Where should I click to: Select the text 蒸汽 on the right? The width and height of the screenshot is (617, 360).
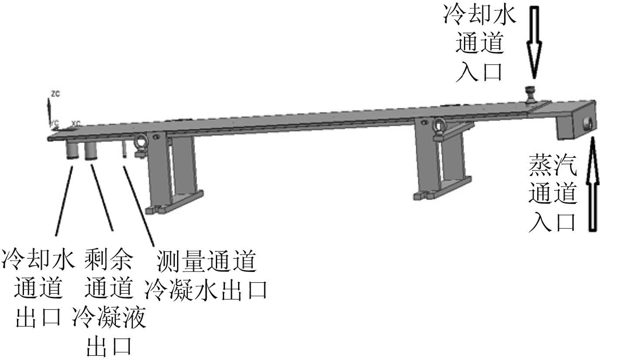click(552, 164)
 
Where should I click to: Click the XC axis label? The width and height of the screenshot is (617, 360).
click(76, 123)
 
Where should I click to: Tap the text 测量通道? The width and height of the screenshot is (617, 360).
click(206, 262)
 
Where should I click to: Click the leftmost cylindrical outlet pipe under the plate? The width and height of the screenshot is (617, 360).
click(72, 150)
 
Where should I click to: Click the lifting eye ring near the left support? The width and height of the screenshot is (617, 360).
click(141, 142)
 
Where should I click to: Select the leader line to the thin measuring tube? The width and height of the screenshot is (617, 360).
click(139, 205)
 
